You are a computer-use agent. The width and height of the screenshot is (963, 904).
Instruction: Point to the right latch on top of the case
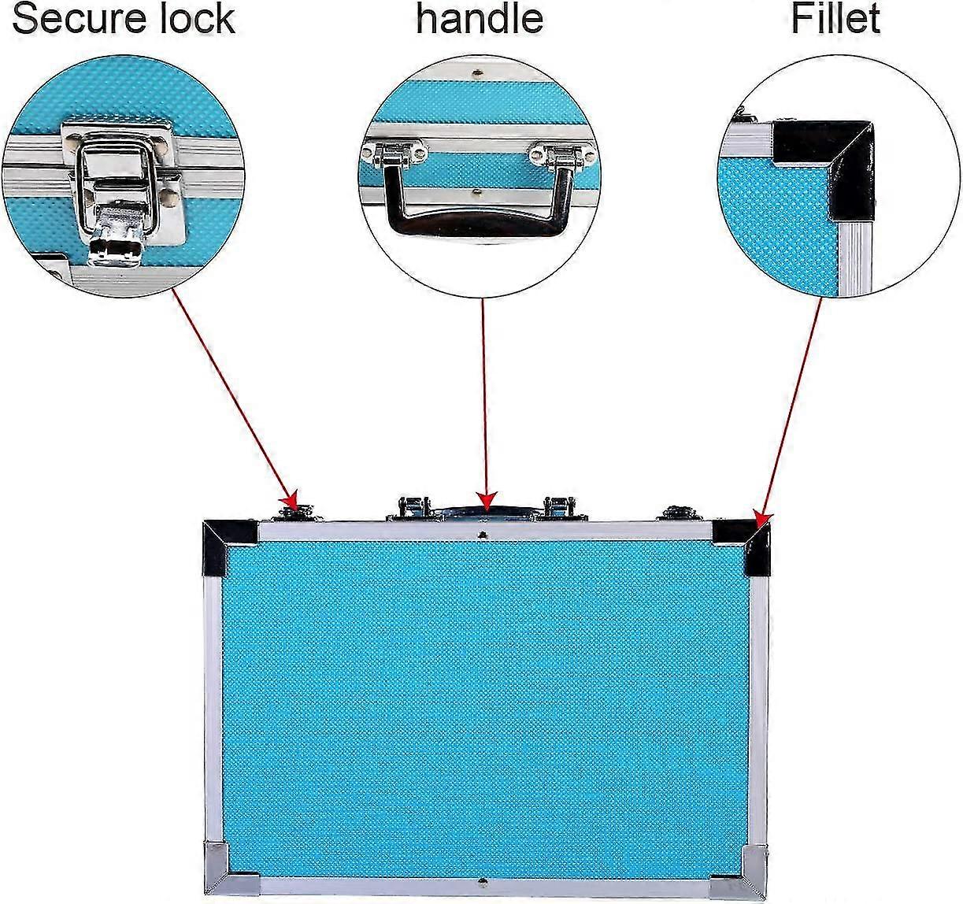click(681, 513)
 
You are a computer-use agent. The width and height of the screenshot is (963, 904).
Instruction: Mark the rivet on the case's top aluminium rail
click(482, 535)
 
